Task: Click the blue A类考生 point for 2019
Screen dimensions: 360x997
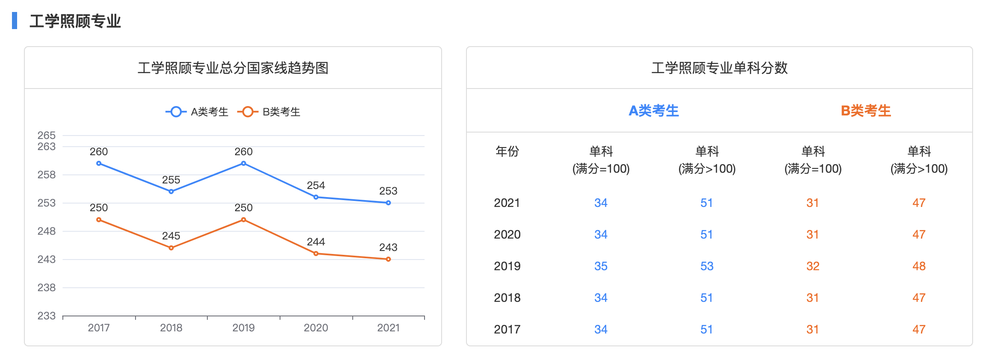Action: [243, 163]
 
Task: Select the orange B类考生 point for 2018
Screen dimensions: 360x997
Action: [171, 248]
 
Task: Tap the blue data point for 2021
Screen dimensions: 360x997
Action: [388, 203]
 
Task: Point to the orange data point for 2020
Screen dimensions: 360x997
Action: [316, 254]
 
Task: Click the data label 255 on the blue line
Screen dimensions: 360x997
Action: [171, 180]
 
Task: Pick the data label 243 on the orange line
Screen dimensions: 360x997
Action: [388, 248]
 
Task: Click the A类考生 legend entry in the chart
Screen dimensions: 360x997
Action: [197, 112]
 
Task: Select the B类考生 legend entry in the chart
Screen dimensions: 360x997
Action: [269, 112]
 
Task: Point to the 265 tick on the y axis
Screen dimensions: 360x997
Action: [47, 136]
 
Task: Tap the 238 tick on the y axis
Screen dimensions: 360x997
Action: [47, 288]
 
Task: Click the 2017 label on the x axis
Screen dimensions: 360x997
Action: [99, 328]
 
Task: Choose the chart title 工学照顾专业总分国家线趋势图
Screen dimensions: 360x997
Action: [233, 68]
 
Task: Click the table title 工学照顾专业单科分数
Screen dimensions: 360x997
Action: [719, 68]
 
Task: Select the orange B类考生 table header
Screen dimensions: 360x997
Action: [866, 111]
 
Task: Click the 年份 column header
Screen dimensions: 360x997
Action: [507, 151]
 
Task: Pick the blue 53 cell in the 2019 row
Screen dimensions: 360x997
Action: [707, 266]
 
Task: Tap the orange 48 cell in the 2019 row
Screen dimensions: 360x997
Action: [919, 266]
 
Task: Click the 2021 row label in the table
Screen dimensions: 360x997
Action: [507, 203]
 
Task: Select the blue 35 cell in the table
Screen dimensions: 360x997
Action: [601, 266]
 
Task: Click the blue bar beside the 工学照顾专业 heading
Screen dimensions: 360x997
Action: [15, 21]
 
